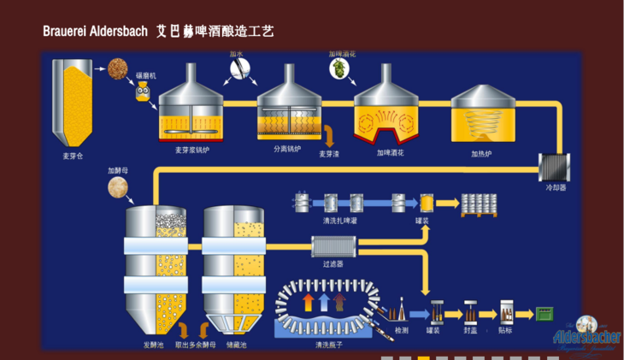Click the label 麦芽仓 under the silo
click(x=73, y=156)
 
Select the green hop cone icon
click(x=340, y=68)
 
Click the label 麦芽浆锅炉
click(x=192, y=150)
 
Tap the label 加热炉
click(x=481, y=155)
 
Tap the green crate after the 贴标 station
click(x=545, y=314)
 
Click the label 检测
click(x=401, y=330)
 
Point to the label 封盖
click(x=469, y=330)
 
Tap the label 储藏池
click(x=236, y=345)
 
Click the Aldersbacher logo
click(x=586, y=335)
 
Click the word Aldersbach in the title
click(x=116, y=32)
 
